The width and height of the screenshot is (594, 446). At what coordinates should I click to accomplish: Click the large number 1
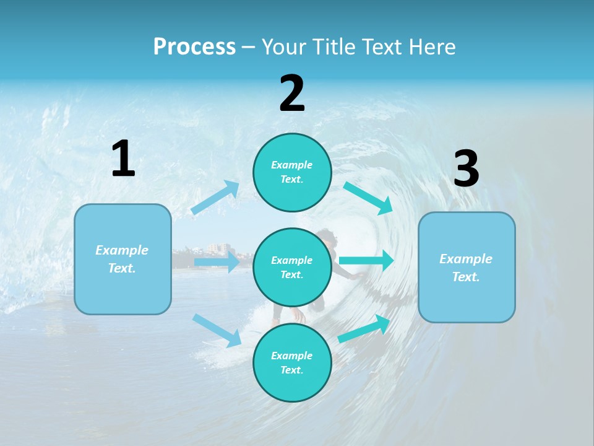[x=123, y=160]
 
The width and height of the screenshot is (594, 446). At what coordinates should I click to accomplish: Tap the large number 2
[x=292, y=94]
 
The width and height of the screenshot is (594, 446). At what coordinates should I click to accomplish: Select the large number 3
[x=466, y=169]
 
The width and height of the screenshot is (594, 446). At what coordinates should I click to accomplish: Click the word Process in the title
[x=194, y=46]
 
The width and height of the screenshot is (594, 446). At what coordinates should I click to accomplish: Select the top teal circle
[x=292, y=172]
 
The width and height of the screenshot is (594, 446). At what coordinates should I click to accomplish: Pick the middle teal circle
[x=292, y=267]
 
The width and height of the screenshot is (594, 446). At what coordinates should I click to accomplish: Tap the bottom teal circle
[x=292, y=362]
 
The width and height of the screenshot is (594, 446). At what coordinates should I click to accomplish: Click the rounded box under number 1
[x=123, y=259]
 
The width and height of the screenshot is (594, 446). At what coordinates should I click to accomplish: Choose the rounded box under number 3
[x=467, y=267]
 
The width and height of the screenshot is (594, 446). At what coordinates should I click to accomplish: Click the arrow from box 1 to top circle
[x=216, y=198]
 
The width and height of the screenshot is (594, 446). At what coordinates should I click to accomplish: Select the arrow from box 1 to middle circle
[x=217, y=262]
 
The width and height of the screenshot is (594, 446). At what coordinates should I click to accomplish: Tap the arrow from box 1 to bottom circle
[x=217, y=330]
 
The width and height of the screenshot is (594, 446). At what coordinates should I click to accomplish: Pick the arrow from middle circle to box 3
[x=366, y=260]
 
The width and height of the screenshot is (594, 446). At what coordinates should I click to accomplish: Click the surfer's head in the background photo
[x=326, y=238]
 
